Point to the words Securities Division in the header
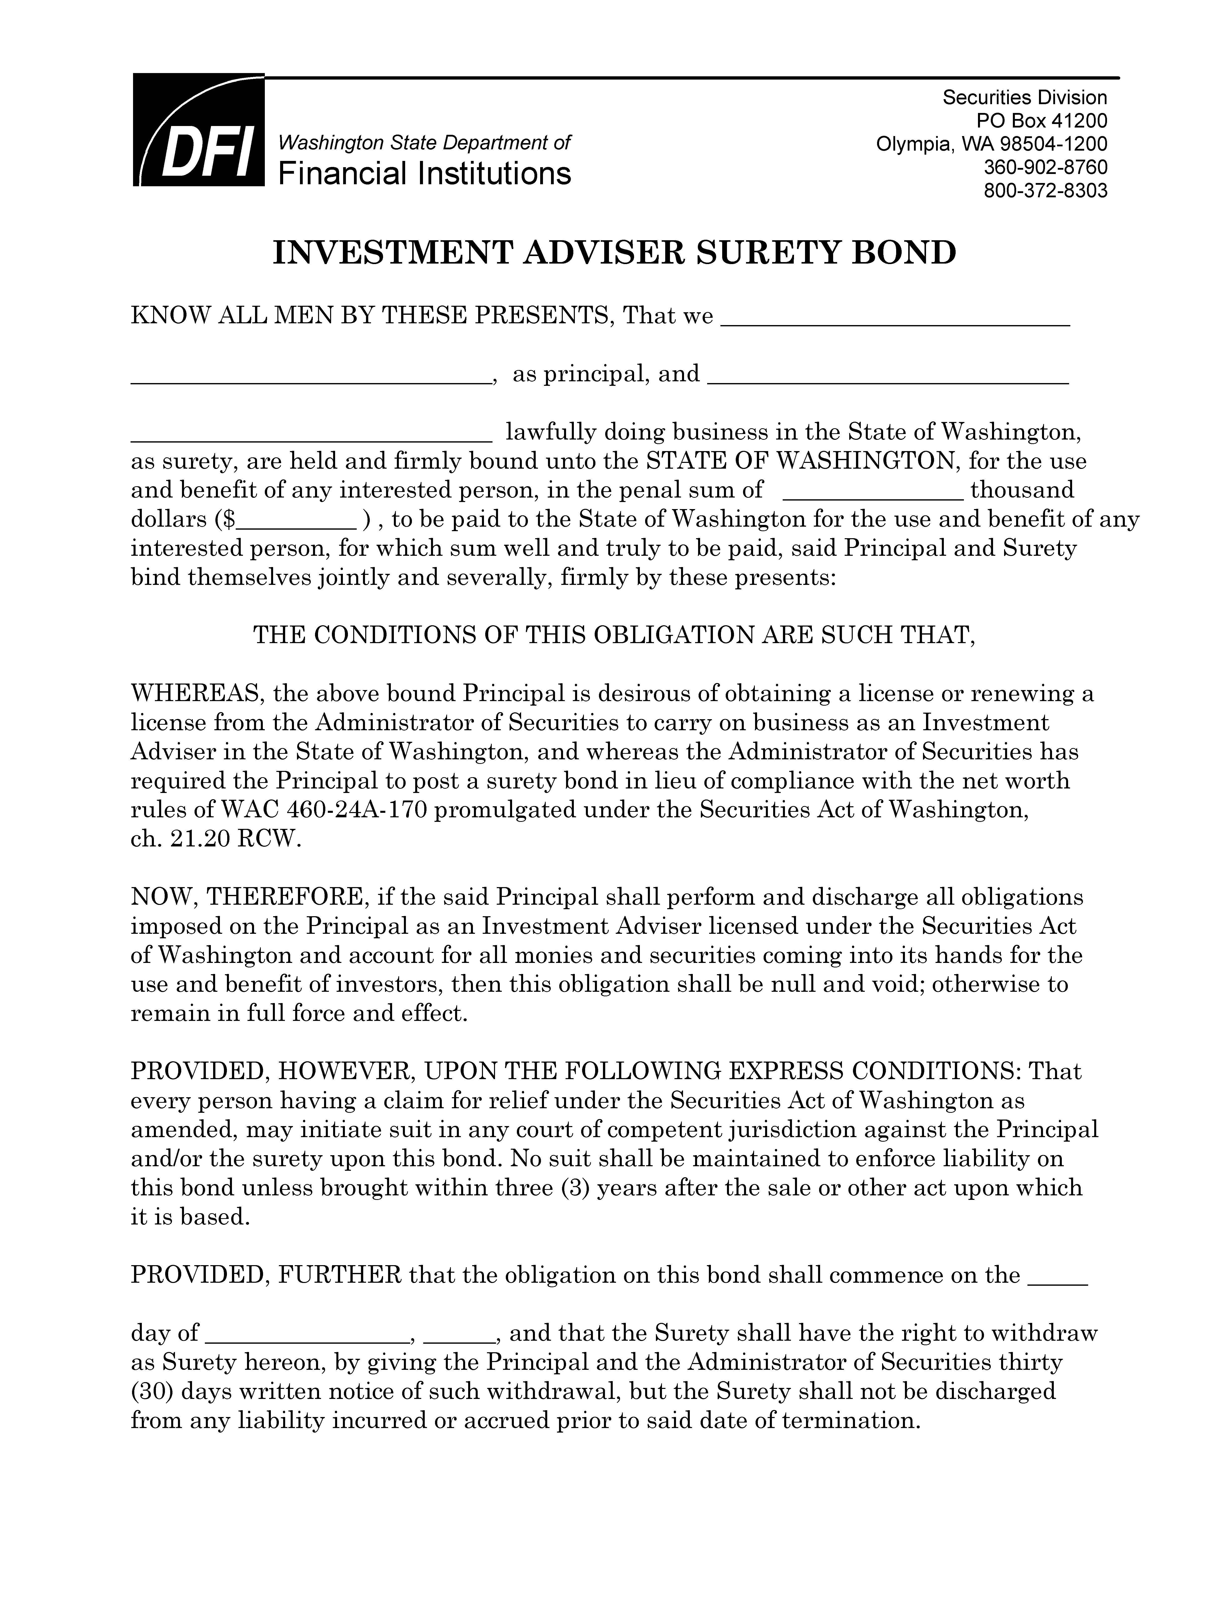(x=1024, y=97)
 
